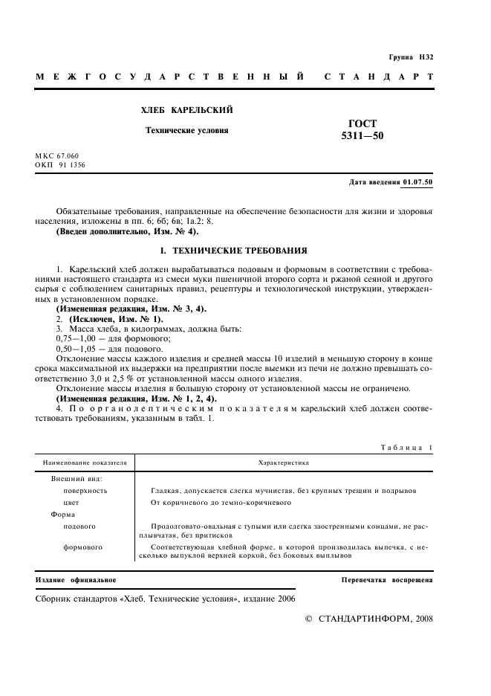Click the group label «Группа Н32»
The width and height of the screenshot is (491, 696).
point(411,57)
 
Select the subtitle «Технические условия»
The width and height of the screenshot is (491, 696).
point(186,130)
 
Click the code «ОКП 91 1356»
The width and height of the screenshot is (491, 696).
point(60,165)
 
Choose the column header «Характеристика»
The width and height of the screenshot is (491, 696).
point(283,463)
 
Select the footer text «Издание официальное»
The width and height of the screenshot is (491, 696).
point(76,579)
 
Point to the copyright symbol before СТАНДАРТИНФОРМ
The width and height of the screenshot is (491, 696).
point(310,619)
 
